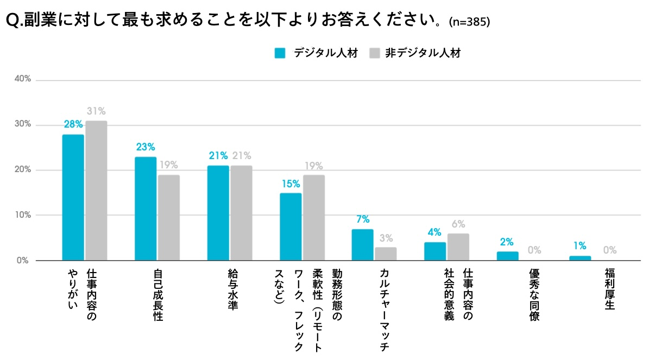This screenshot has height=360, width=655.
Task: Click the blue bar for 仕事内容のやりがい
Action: coord(73,198)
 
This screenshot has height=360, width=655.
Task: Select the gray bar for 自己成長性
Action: coord(169,218)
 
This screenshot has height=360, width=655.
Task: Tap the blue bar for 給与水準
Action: coord(218,213)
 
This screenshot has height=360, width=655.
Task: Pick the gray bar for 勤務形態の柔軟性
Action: coord(314,218)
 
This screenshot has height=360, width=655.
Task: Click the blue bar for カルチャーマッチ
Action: coord(363,245)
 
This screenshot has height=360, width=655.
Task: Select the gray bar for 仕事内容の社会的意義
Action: coord(458,247)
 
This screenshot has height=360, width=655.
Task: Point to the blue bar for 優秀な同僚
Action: coord(507,256)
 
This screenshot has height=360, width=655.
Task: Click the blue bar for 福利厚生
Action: coord(580,258)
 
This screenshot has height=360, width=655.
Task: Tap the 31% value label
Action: coord(96,111)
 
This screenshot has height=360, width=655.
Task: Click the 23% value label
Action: coord(146,147)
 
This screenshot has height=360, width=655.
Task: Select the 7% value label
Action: coord(363,219)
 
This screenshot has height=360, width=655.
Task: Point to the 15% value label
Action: coord(291,184)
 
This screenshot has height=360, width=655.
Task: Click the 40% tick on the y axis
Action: coord(23,80)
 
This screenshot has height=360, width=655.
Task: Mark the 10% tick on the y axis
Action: coord(23,215)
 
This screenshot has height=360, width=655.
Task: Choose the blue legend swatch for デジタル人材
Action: coord(280,53)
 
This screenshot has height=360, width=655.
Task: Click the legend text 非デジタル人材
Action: coord(423,53)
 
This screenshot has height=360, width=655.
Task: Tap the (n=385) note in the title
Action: coord(470,22)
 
